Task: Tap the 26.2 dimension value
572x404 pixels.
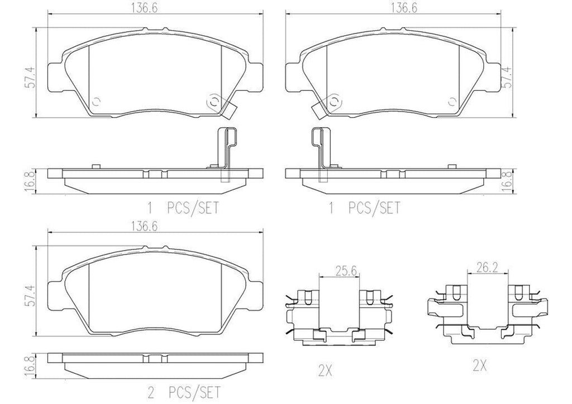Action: [x=487, y=268]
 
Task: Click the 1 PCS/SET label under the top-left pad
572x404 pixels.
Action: [x=183, y=209]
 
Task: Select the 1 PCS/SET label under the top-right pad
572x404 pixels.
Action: [x=364, y=209]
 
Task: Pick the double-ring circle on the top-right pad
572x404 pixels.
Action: [x=334, y=102]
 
